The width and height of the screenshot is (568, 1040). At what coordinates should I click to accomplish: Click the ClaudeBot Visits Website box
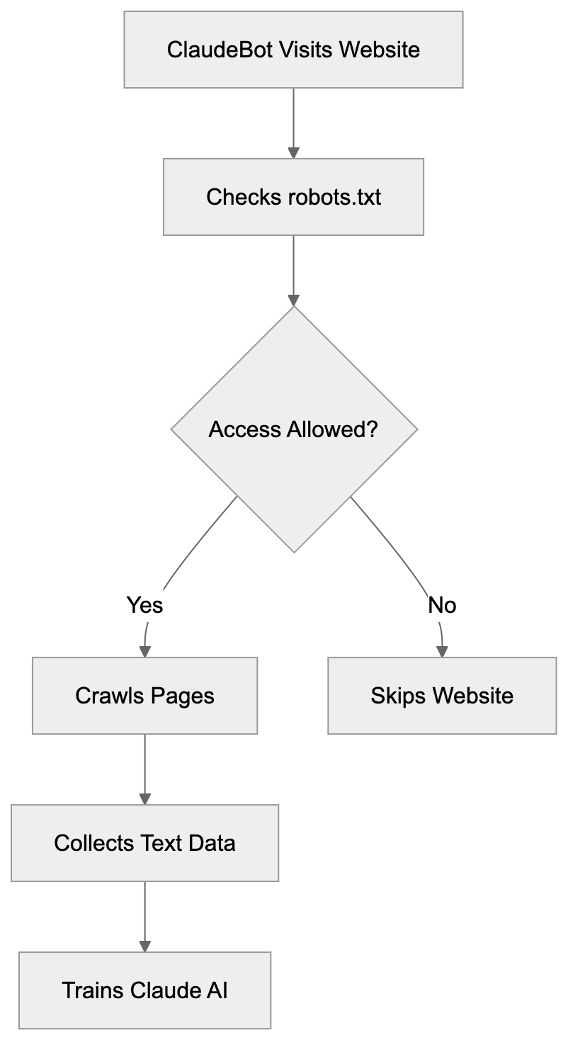(293, 50)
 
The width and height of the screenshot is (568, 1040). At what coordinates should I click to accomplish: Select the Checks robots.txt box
(293, 197)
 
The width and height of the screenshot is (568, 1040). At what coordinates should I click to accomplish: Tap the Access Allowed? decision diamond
(294, 429)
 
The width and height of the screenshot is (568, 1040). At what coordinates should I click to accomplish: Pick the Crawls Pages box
(144, 696)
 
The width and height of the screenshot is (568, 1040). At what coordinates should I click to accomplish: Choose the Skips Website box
(442, 696)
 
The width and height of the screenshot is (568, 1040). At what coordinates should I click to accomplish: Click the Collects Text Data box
(144, 843)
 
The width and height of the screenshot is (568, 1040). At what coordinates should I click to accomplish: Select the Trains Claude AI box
(144, 990)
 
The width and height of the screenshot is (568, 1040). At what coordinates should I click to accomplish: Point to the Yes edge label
(145, 605)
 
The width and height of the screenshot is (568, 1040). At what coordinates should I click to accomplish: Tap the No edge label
(442, 605)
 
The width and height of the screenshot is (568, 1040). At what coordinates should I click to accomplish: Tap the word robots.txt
(334, 197)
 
